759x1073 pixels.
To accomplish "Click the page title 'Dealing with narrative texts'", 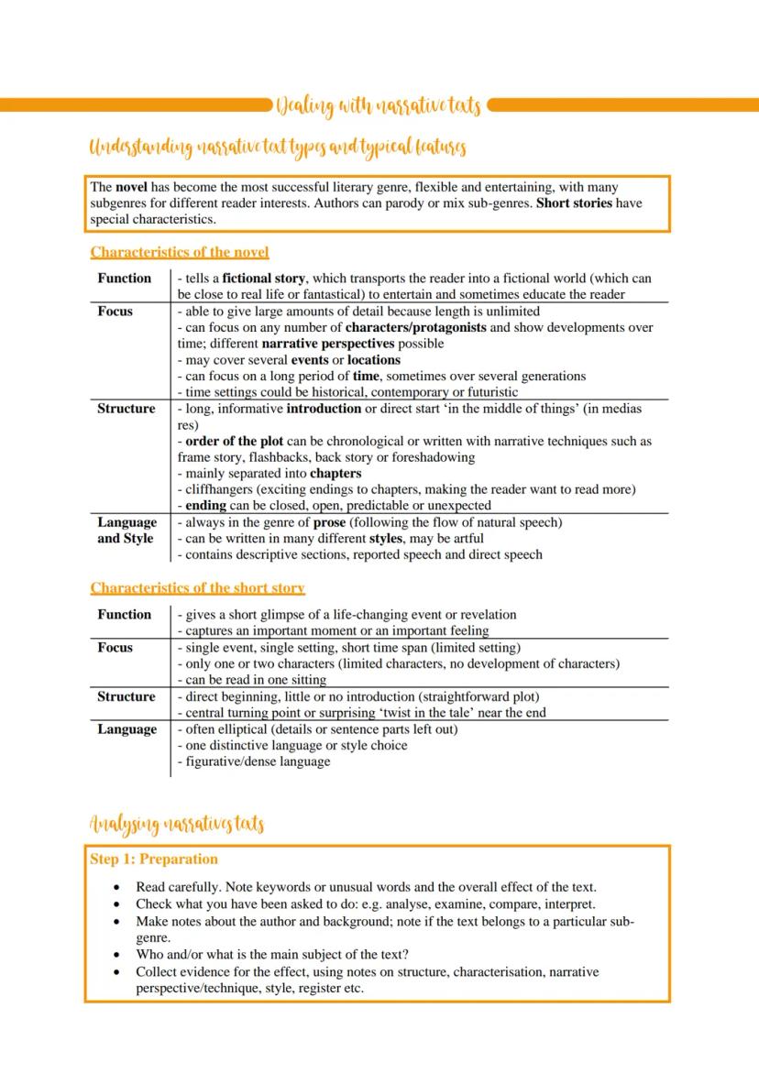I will [378, 106].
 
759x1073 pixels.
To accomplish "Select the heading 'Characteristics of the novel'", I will [180, 252].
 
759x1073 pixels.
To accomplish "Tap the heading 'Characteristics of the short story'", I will [197, 587].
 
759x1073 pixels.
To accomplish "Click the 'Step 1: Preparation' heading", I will [154, 859].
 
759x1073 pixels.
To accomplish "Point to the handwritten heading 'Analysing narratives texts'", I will [177, 825].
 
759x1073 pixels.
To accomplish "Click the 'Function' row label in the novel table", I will [124, 279].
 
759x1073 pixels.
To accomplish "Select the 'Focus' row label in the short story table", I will [115, 648].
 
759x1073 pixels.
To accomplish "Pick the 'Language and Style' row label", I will [126, 531].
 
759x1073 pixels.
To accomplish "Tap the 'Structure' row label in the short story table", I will [126, 697].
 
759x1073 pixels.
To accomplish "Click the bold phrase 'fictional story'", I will [266, 279].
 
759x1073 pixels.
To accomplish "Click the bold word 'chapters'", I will [335, 474].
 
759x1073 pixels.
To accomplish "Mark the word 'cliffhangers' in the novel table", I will [220, 489].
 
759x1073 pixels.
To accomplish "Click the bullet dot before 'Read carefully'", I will [115, 888].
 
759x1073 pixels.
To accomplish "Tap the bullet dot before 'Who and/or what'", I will [115, 955].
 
